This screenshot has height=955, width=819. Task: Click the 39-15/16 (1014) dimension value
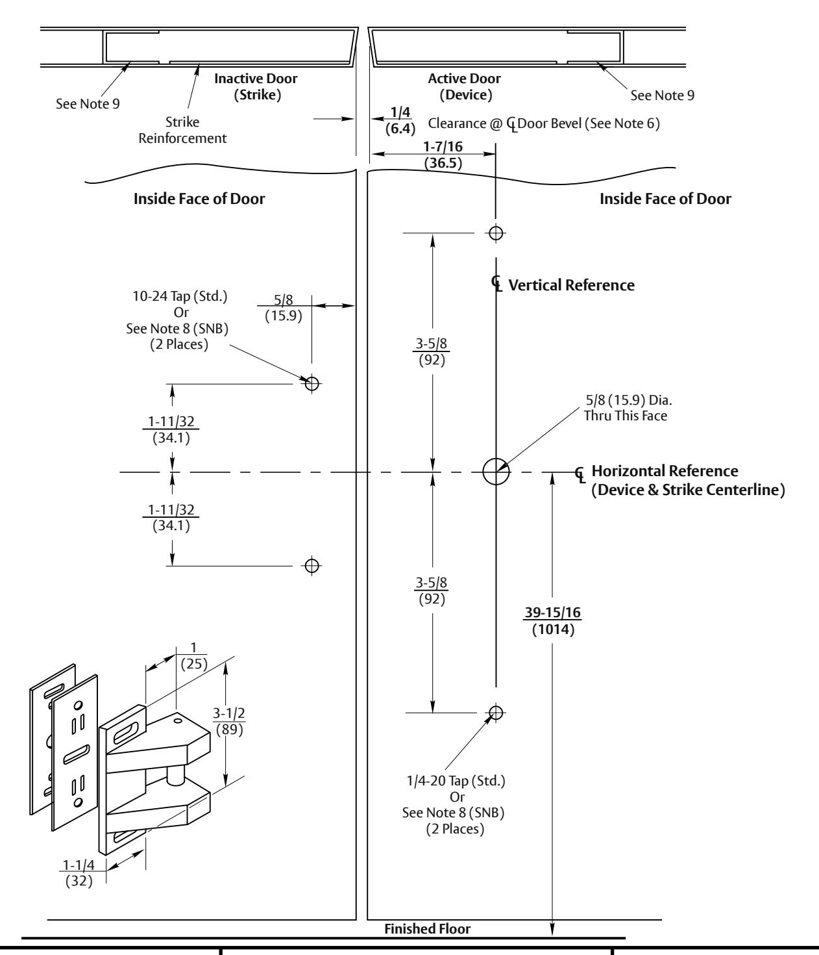coord(553,621)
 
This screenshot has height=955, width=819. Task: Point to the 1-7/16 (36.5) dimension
coord(443,155)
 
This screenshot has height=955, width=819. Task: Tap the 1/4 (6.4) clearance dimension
coord(400,120)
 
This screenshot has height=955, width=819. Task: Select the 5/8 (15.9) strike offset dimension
coord(284,308)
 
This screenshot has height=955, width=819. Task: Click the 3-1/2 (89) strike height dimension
coord(229,721)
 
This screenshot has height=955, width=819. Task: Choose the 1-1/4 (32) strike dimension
coord(79,872)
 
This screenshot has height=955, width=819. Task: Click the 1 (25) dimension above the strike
coord(194,656)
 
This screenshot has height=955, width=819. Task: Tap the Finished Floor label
coord(428,928)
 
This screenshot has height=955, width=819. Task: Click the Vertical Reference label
coord(572,285)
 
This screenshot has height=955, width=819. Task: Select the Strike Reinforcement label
coord(183,130)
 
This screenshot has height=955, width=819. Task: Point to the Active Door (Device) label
coord(465,86)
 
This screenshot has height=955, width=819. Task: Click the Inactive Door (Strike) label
coord(256,86)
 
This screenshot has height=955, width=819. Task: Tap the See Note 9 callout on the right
coord(663,96)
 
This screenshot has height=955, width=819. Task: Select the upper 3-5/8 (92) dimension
coord(432,351)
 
